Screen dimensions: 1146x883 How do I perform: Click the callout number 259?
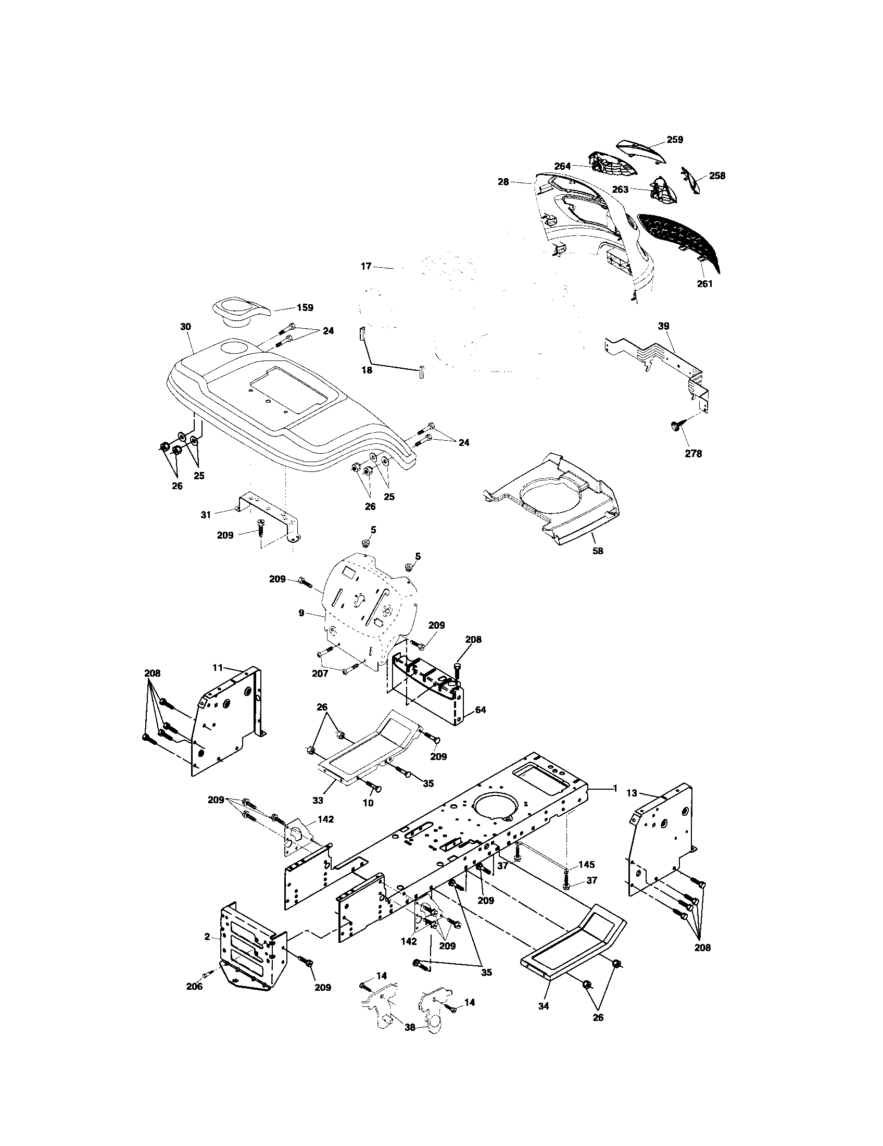click(x=675, y=140)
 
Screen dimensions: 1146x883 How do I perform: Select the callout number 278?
click(x=693, y=454)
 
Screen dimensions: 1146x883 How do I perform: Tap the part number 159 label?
click(x=305, y=308)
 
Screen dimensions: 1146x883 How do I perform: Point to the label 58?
click(x=597, y=551)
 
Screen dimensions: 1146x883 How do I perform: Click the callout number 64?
click(x=481, y=710)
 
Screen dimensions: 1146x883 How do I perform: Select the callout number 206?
click(x=195, y=986)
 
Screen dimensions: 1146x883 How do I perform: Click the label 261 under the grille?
click(x=705, y=284)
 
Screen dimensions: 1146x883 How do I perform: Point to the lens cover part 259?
click(x=641, y=150)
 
